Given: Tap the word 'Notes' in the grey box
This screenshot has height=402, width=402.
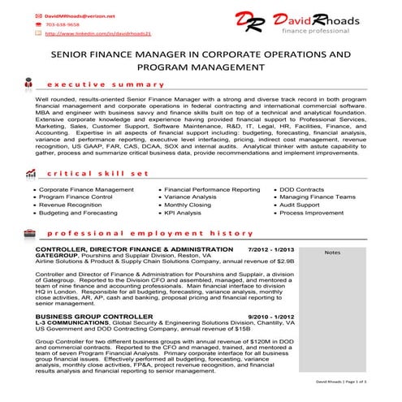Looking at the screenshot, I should pos(332,253).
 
